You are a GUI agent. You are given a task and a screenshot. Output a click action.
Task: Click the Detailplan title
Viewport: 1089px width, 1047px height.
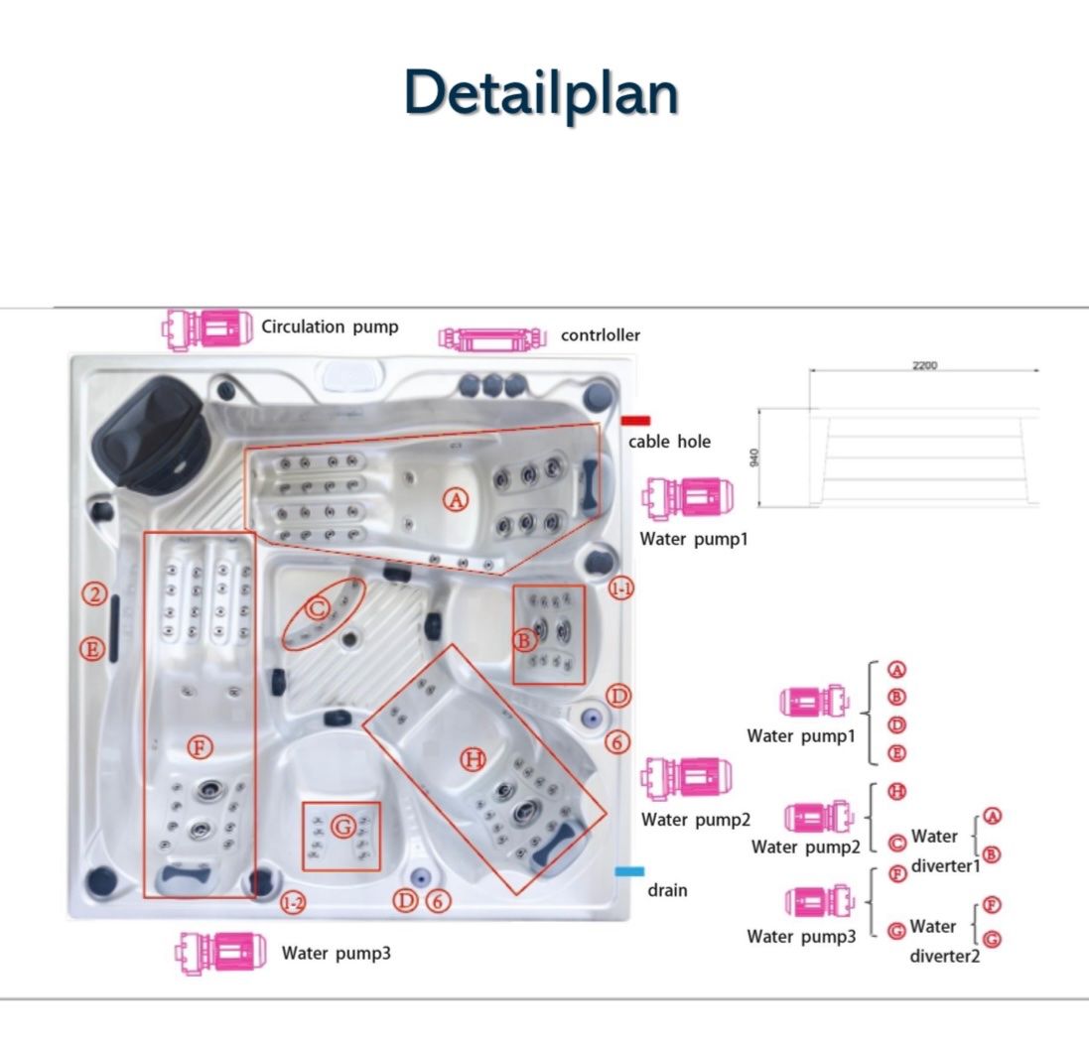pos(541,93)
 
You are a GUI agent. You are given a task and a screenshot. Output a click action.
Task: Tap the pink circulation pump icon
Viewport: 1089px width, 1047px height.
pos(206,328)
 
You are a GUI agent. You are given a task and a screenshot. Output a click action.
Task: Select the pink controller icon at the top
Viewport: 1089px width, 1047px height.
pos(491,338)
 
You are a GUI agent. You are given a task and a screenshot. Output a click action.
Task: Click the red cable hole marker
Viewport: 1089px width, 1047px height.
pos(635,420)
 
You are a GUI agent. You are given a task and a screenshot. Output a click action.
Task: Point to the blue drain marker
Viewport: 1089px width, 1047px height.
pos(629,871)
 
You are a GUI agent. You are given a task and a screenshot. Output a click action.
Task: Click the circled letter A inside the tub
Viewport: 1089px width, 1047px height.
pos(456,499)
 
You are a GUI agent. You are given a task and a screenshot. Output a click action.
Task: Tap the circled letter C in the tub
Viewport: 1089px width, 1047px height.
pos(318,608)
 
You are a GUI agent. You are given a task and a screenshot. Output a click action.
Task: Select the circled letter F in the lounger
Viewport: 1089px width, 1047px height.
pos(200,747)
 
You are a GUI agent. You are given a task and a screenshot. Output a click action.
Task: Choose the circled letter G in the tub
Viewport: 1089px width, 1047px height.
pos(343,827)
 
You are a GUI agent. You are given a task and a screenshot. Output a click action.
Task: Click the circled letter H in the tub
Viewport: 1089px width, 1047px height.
pos(474,758)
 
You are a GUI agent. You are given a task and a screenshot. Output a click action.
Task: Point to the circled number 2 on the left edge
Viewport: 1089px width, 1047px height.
pos(94,593)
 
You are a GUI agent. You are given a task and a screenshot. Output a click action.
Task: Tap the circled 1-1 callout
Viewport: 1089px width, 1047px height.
pos(620,589)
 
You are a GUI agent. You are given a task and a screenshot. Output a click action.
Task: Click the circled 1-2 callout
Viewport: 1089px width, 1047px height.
pos(293,903)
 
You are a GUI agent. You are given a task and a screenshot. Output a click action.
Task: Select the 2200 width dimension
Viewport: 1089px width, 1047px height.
pos(924,365)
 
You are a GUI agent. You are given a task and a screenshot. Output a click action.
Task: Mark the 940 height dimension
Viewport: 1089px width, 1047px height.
pos(754,458)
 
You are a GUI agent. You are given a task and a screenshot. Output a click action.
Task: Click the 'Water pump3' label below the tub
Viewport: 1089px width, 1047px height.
pos(337,954)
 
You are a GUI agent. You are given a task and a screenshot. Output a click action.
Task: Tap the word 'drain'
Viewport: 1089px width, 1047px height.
pos(667,890)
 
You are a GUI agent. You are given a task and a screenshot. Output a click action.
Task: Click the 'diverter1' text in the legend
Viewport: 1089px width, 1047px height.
pos(945,865)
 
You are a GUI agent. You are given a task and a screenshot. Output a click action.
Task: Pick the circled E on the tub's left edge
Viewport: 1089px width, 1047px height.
pos(91,649)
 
